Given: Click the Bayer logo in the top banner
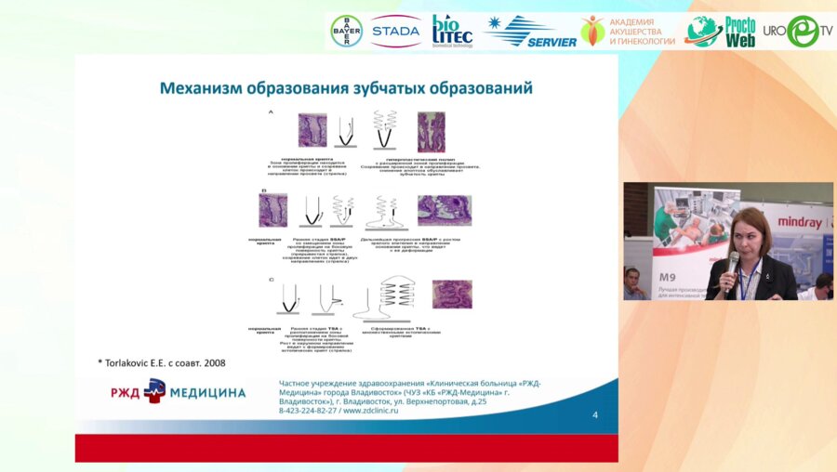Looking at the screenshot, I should tap(347, 31).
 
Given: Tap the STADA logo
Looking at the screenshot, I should tap(395, 32).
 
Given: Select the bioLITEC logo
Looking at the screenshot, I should tap(452, 31).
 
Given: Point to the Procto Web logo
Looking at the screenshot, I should tap(721, 31).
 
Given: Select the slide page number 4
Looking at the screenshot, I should tap(595, 414).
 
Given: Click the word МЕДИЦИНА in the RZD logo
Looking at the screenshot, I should tap(207, 392).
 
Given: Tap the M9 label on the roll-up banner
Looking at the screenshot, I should tap(668, 277).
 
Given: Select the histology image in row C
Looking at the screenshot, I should tap(452, 294).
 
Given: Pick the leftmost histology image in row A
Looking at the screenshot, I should tap(312, 130).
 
